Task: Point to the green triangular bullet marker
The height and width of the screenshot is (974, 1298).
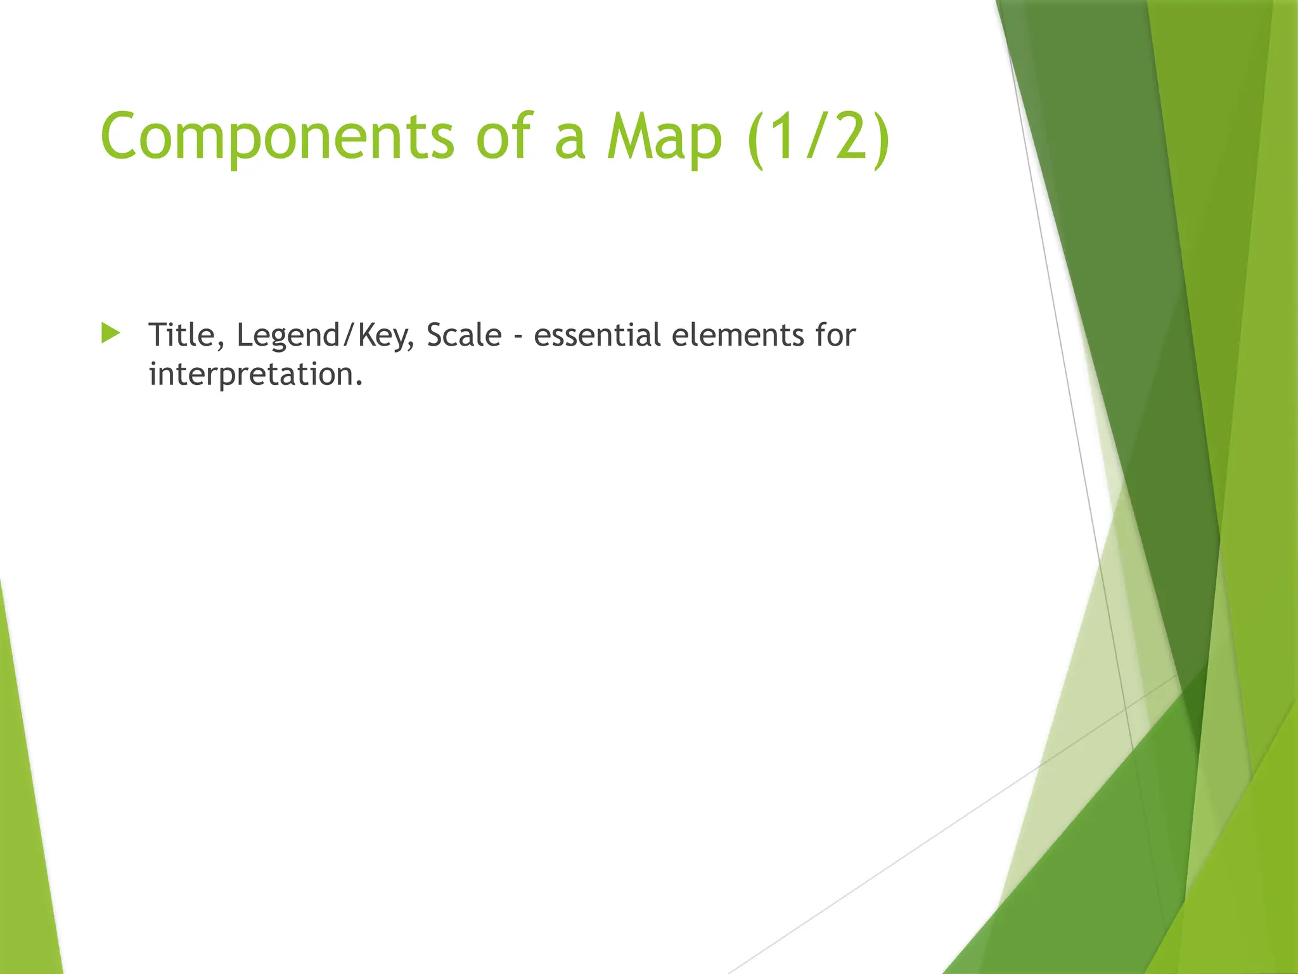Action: (110, 334)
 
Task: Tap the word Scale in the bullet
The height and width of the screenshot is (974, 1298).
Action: (464, 335)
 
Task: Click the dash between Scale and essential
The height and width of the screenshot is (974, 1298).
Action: (518, 337)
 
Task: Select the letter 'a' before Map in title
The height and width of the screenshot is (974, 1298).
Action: (569, 142)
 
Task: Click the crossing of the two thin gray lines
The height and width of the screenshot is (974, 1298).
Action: (1128, 711)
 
